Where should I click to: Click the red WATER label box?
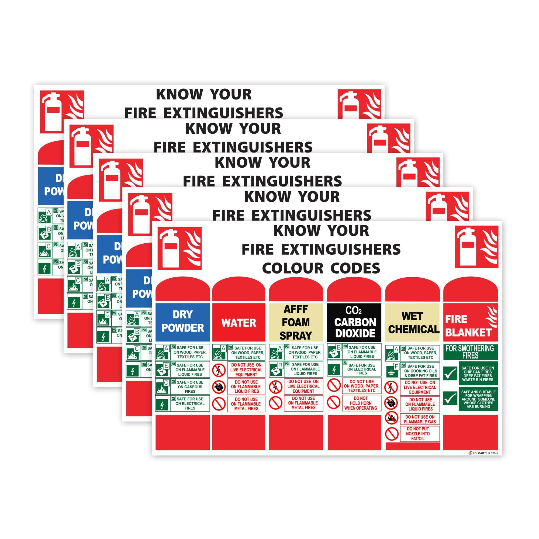coord(239,323)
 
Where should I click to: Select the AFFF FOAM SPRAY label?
coord(296,323)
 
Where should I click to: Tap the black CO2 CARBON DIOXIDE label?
coord(354,323)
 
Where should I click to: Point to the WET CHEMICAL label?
coord(412,323)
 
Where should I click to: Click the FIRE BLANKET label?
coord(470,323)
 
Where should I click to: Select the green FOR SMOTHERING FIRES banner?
coord(470,352)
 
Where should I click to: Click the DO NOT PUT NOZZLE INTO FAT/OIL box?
coord(420,434)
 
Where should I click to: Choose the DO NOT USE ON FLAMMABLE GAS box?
coord(420,419)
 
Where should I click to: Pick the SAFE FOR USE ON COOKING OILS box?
coord(420,371)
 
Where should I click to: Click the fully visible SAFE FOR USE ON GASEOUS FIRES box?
coord(190,387)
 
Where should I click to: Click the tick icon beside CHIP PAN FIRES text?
coord(450,374)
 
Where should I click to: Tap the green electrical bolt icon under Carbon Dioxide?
coord(334,370)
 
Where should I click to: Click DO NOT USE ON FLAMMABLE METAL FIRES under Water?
coord(246,404)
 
